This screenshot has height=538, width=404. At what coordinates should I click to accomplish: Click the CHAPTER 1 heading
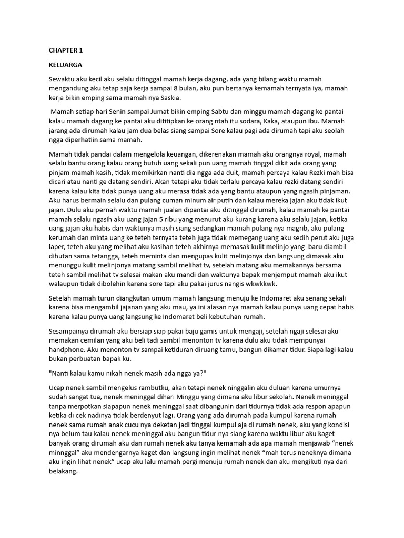[x=66, y=51]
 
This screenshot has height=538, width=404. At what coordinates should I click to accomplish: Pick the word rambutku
[x=141, y=388]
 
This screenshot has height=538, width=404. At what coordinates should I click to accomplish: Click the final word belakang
[x=63, y=472]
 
